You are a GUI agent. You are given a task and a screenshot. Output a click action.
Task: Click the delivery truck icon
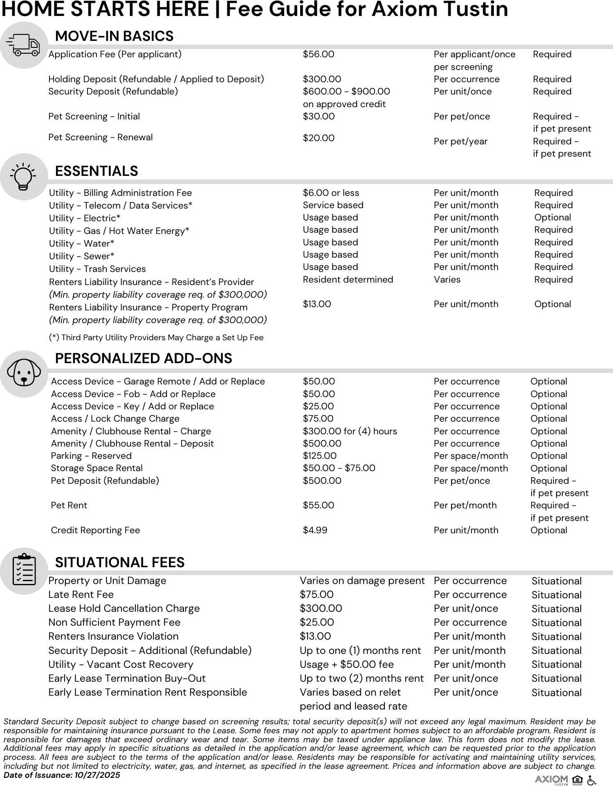(24, 45)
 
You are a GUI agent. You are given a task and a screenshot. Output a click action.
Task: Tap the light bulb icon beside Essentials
(24, 177)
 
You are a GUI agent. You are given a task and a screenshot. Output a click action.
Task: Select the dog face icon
(24, 373)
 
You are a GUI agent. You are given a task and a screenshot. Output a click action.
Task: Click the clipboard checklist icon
(24, 570)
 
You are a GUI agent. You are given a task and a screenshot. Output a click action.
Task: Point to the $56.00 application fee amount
(318, 54)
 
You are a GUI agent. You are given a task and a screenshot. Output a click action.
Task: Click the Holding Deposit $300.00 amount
(322, 79)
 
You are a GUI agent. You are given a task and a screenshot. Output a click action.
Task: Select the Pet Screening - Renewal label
(100, 137)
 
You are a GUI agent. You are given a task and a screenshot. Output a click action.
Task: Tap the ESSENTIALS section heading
(97, 171)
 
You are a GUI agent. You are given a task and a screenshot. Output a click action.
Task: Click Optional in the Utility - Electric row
(552, 218)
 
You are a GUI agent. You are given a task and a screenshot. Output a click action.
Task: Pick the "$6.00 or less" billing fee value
(331, 193)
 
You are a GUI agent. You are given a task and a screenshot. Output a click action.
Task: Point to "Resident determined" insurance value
(348, 280)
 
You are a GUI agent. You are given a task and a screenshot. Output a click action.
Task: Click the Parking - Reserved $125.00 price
(319, 456)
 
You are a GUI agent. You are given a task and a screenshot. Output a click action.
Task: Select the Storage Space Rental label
(97, 468)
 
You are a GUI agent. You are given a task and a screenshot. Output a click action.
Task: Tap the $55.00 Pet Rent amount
(318, 505)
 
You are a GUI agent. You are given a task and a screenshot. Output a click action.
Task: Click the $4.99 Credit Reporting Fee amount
(315, 530)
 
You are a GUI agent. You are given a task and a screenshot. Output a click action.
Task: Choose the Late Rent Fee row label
(81, 595)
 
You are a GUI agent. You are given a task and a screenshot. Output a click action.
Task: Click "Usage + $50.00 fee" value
(346, 665)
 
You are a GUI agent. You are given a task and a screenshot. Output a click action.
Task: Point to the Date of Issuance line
(62, 775)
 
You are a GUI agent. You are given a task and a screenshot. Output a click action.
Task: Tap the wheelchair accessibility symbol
(591, 780)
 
